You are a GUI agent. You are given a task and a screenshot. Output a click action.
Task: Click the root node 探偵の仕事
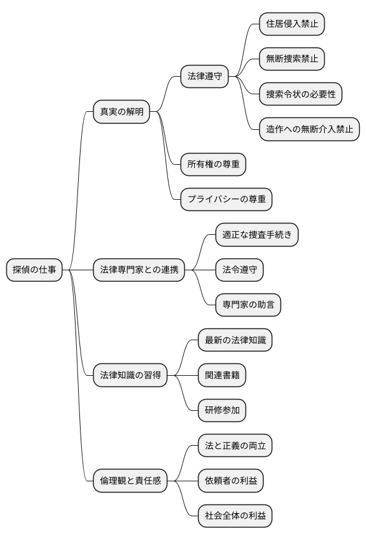click(34, 270)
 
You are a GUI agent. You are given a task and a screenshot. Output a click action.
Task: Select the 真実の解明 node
click(122, 112)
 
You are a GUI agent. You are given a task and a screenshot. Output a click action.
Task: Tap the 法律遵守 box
click(204, 77)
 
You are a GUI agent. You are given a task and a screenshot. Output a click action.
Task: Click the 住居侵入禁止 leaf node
click(292, 24)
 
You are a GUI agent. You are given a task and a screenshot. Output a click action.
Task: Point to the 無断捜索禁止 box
click(292, 59)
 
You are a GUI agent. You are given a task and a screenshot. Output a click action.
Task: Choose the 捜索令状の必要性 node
click(300, 94)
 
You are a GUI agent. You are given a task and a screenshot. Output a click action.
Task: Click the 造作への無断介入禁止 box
click(309, 129)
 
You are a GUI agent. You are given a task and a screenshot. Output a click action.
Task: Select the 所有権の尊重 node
click(213, 165)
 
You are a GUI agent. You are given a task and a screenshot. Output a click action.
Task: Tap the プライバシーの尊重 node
click(226, 200)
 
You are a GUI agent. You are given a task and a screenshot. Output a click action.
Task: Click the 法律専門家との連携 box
click(139, 270)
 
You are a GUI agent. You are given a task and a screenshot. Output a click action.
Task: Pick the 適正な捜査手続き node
click(257, 235)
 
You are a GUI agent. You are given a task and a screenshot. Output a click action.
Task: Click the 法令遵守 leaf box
click(239, 270)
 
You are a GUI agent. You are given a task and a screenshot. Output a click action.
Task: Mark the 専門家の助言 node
click(248, 305)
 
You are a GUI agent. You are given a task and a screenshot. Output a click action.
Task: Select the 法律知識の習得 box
click(131, 375)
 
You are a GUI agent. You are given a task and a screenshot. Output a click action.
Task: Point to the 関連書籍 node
click(222, 375)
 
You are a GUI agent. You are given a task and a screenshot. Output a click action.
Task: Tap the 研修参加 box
click(222, 411)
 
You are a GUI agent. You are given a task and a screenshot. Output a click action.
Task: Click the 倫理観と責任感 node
click(131, 481)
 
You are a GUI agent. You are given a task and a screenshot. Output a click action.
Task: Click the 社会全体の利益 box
click(235, 516)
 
